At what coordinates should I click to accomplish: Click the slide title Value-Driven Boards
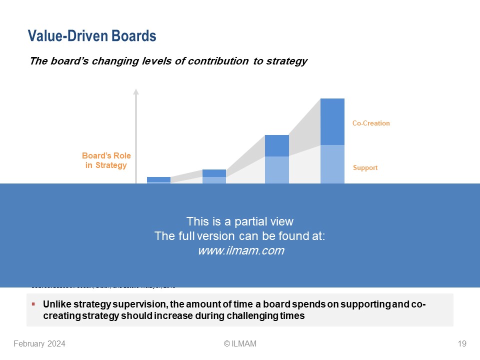[92, 36]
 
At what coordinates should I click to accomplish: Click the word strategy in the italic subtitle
[287, 61]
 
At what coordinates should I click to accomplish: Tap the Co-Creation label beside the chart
[370, 123]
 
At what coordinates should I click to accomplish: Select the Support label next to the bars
[365, 168]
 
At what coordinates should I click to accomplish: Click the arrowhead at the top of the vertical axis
[135, 91]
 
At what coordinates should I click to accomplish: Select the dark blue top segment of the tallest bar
[332, 121]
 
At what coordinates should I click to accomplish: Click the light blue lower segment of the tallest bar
[332, 164]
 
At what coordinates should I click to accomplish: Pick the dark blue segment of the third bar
[276, 145]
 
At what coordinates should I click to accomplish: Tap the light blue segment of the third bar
[276, 170]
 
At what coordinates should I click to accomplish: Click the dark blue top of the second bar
[214, 173]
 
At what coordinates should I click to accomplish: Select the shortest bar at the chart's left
[158, 180]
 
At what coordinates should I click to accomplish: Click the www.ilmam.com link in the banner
[240, 251]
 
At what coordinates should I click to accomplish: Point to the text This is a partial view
[240, 221]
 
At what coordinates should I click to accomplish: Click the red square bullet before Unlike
[33, 304]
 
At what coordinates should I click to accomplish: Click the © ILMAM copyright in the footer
[240, 343]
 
